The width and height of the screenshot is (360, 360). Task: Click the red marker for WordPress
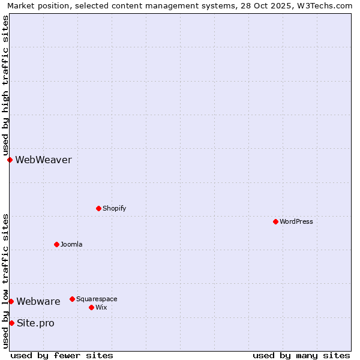click(x=275, y=221)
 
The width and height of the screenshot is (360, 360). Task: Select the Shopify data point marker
click(x=98, y=208)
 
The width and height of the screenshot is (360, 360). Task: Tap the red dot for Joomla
click(x=56, y=244)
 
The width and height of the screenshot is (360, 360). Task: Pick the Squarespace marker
click(x=72, y=299)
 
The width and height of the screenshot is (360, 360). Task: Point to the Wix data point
click(x=91, y=307)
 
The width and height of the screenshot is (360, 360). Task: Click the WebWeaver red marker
click(x=10, y=160)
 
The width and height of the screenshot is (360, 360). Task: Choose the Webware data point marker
click(x=11, y=301)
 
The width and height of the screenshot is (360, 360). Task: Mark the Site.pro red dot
click(x=11, y=323)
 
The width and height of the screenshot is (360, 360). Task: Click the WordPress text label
click(x=296, y=221)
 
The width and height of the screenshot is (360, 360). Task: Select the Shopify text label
click(x=114, y=208)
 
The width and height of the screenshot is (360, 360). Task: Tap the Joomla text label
click(x=71, y=244)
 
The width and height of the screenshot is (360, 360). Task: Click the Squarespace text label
click(x=97, y=299)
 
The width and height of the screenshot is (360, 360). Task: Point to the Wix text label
click(x=101, y=307)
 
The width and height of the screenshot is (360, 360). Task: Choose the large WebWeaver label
click(x=43, y=160)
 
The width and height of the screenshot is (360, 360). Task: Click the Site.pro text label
click(x=35, y=323)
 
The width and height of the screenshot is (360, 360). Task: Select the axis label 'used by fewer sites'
click(x=62, y=355)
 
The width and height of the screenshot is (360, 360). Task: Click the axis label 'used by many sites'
click(x=301, y=355)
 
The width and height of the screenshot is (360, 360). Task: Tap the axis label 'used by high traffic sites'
click(x=5, y=86)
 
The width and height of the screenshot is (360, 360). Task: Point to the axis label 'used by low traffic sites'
click(x=5, y=281)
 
